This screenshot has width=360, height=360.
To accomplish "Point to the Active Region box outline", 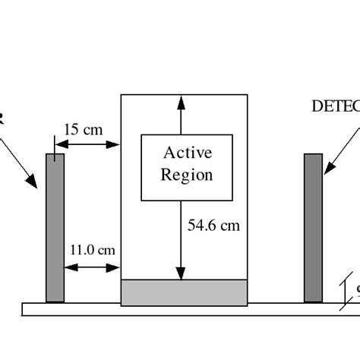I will click(x=142, y=167).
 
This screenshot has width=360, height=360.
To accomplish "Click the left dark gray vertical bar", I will click(x=55, y=228).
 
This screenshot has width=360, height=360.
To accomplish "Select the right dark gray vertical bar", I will click(x=313, y=228).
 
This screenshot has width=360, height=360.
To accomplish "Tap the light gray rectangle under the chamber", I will click(x=184, y=292).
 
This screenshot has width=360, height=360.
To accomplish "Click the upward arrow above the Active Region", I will click(x=181, y=114).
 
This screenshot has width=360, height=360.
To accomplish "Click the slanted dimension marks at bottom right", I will click(x=351, y=289).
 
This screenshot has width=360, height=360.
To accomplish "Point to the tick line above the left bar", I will click(x=55, y=144).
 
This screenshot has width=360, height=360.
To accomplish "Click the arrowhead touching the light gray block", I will click(x=181, y=274).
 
